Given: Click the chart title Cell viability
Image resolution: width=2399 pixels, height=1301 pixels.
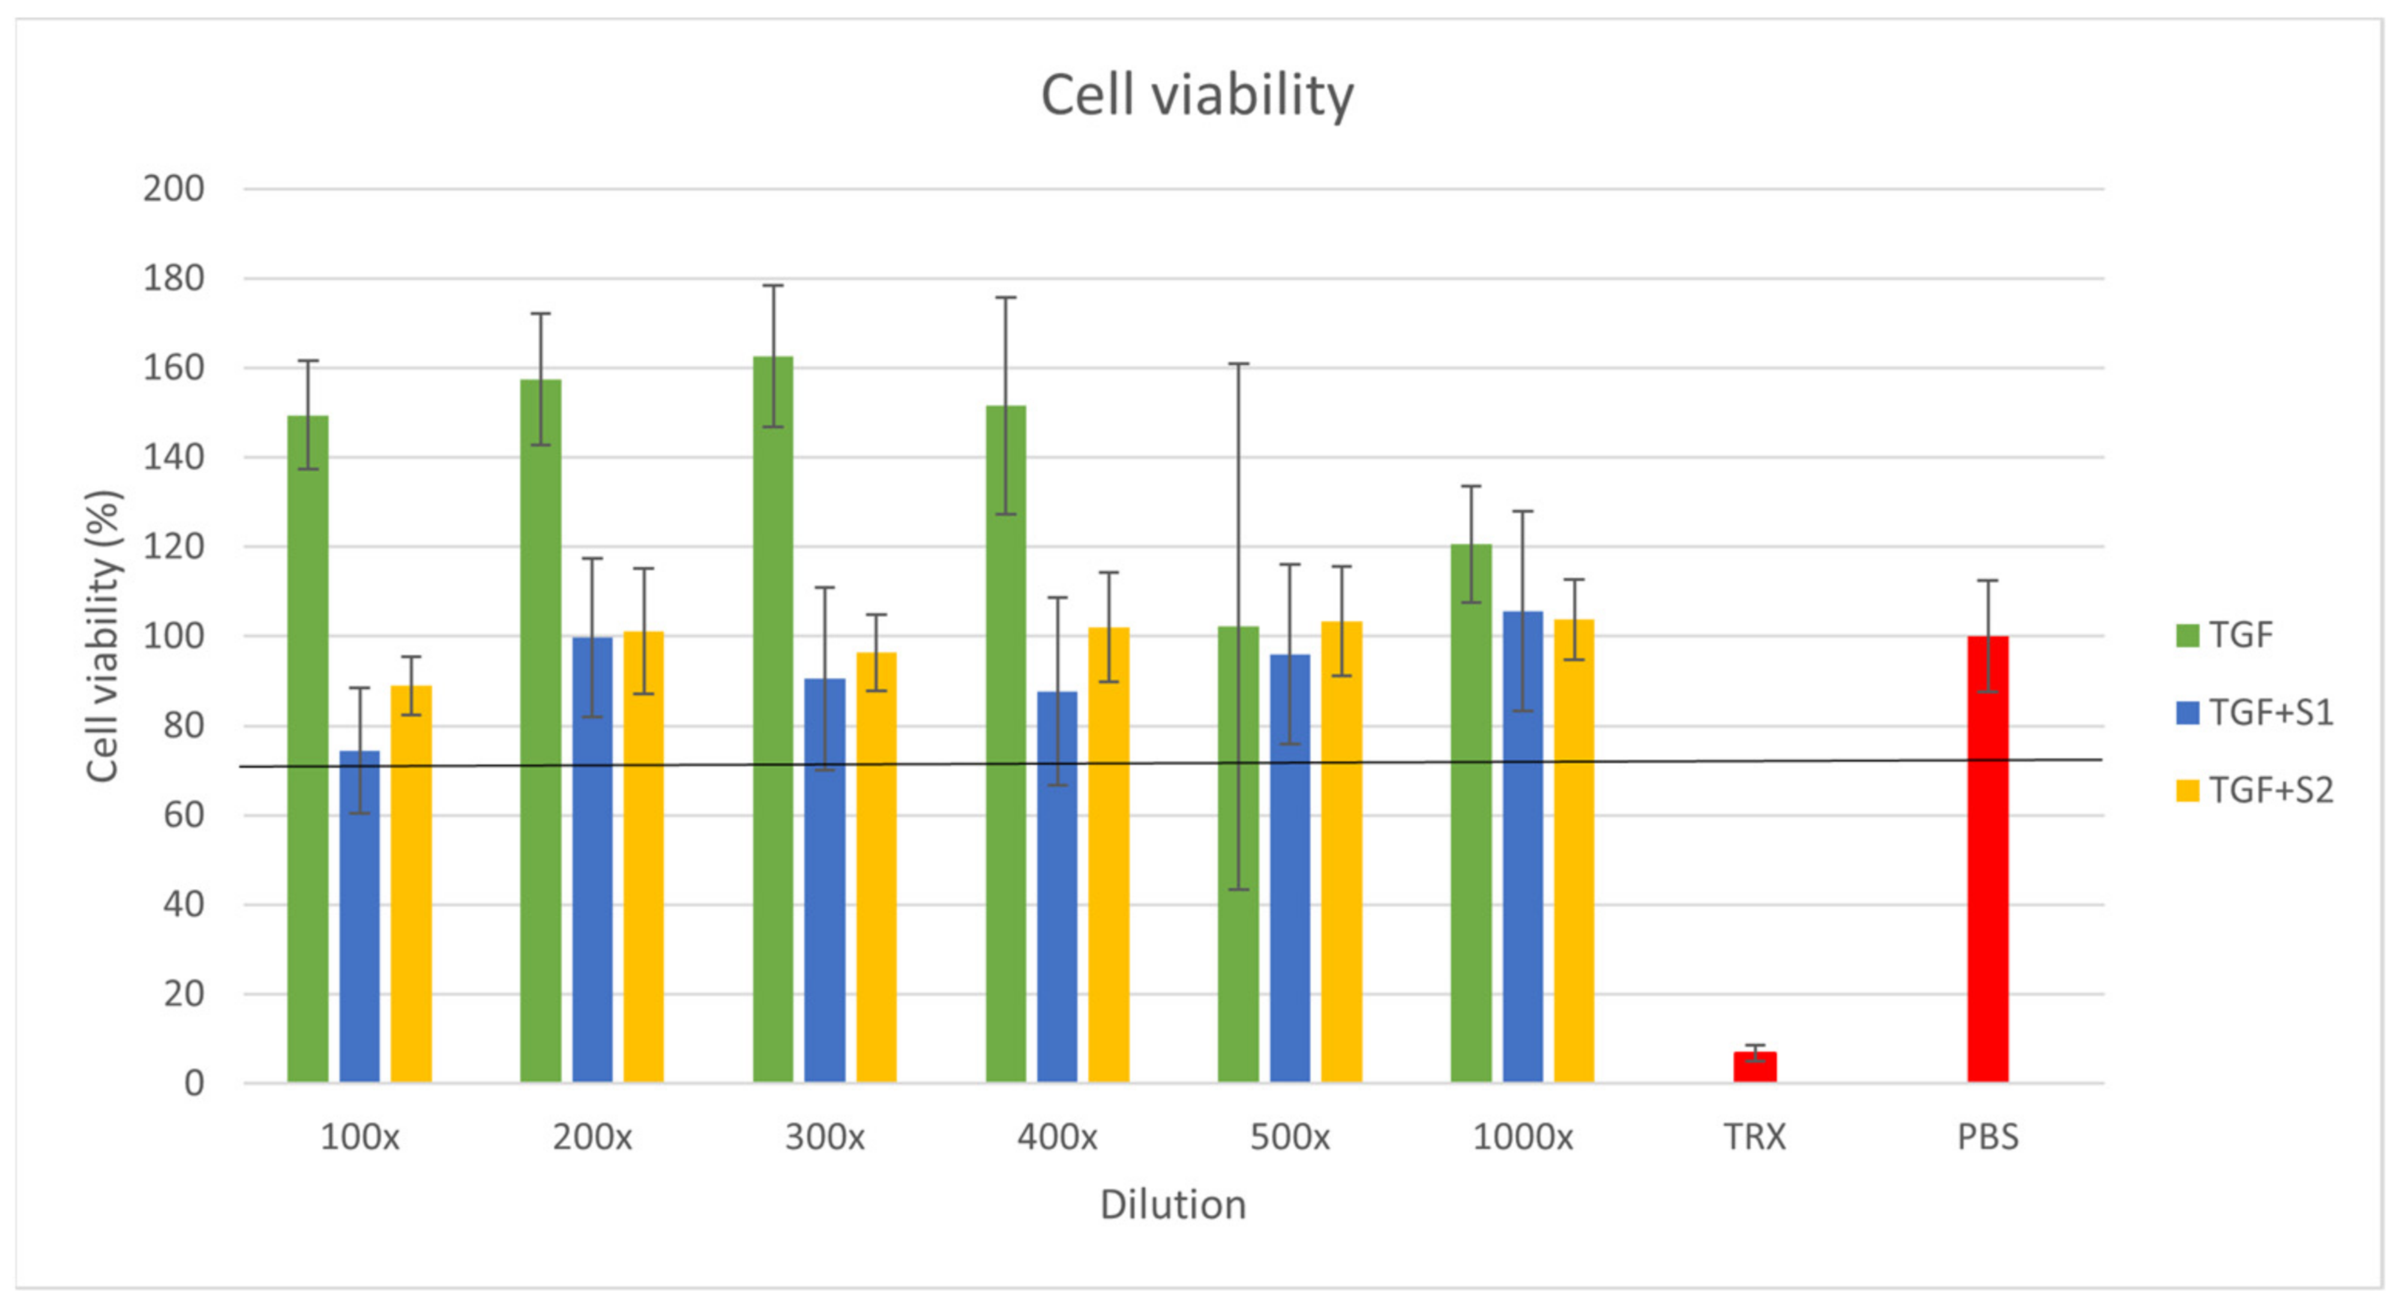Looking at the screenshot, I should pos(1197,96).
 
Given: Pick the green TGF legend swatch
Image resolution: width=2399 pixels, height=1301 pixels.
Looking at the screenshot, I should pos(2188,635).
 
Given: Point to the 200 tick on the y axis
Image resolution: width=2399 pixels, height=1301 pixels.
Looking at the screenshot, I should pos(174,189).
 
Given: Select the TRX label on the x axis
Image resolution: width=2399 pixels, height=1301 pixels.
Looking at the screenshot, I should pos(1754,1137).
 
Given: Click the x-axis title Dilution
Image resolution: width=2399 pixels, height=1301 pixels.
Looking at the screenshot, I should pos(1173,1205).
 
